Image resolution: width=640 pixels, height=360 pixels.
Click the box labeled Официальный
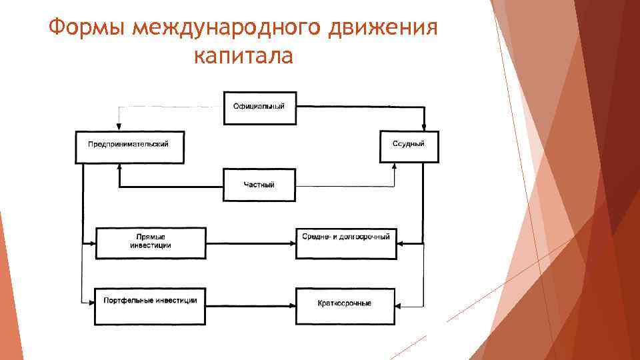(x=259, y=107)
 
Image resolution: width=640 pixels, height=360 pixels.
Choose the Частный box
(x=259, y=185)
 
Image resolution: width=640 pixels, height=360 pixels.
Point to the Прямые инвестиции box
(x=150, y=242)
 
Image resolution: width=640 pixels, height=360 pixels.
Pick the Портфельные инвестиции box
(x=150, y=305)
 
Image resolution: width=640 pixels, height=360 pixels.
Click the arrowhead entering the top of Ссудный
(x=424, y=128)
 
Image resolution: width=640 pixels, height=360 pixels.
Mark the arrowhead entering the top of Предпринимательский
(x=119, y=128)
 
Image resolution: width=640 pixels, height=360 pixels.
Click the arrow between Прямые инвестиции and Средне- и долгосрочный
(x=251, y=244)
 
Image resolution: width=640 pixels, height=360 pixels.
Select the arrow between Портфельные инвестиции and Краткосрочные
(x=251, y=306)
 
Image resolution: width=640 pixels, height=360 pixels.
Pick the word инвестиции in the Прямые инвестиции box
(x=150, y=246)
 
